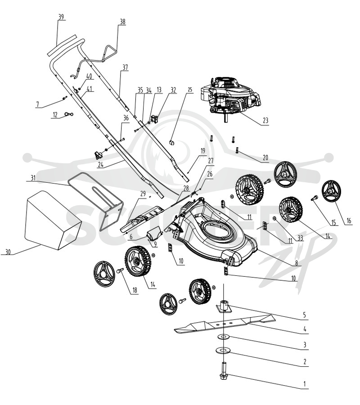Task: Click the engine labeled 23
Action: click(x=230, y=98)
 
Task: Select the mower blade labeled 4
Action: click(x=225, y=323)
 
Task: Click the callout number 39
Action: click(x=61, y=17)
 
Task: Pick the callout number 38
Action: click(x=122, y=22)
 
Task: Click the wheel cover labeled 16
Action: click(x=331, y=192)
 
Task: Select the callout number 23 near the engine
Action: click(x=265, y=120)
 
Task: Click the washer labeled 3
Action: click(x=223, y=337)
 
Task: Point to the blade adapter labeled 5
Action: click(x=224, y=306)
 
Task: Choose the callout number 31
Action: click(x=33, y=178)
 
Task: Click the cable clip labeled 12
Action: click(x=69, y=114)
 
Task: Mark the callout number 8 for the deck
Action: click(x=297, y=263)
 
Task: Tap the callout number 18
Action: click(x=135, y=290)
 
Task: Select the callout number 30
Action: click(x=8, y=252)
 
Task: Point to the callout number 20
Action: click(x=265, y=157)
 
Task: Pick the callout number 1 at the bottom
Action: click(x=305, y=384)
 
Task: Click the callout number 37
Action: click(x=125, y=67)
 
